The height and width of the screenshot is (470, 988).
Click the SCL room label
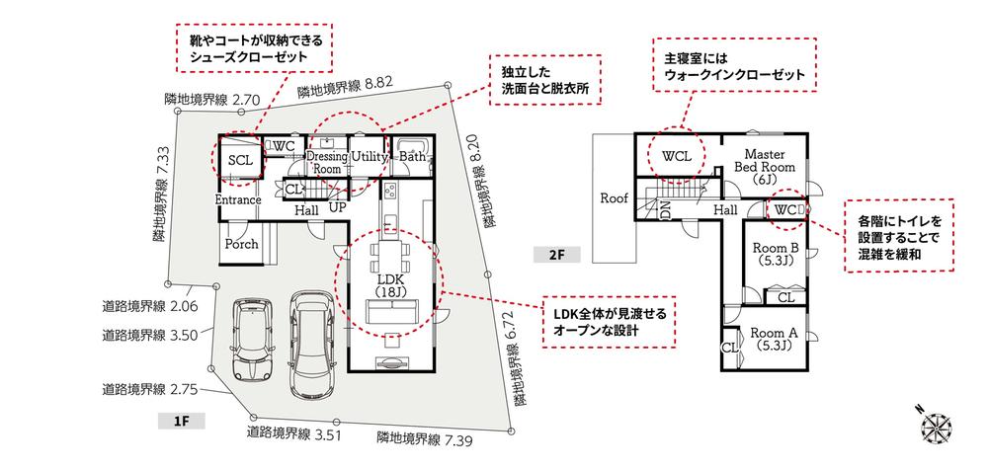coord(238,159)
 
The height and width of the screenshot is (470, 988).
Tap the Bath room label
coord(412,156)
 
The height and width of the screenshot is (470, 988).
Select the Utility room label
coord(367,156)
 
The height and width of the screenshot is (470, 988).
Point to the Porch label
coord(242,244)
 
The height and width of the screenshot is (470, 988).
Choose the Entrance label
coord(238,199)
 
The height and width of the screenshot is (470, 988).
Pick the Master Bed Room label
coord(764,167)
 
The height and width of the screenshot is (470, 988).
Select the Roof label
coord(614,198)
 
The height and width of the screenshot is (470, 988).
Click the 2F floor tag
coord(555,254)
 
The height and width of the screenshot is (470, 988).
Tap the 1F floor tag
coord(181,421)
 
